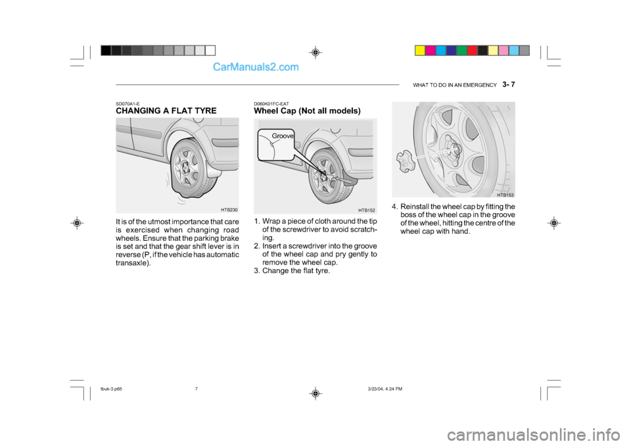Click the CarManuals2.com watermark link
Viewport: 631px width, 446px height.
coord(256,67)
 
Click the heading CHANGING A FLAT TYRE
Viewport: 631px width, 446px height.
coord(166,111)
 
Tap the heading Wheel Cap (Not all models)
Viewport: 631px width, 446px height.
coord(307,111)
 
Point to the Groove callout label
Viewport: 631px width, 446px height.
coord(283,136)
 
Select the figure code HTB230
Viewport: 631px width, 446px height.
coord(229,209)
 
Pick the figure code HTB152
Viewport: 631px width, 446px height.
coord(367,211)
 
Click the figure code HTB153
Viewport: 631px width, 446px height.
coord(505,195)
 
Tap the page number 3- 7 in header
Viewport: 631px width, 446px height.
coord(509,85)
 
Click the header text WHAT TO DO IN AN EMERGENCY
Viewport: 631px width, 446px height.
coord(455,85)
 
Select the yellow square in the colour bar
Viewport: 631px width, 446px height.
coord(420,51)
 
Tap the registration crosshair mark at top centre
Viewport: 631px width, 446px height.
coord(315,53)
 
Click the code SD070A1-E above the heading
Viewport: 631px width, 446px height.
coord(128,104)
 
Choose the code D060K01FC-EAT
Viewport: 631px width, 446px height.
coord(271,104)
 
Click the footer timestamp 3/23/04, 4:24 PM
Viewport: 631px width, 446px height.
coord(385,389)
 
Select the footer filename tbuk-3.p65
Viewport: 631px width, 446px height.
coord(111,389)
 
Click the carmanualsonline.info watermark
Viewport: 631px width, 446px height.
coord(533,435)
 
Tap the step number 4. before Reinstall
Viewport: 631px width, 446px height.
coord(395,207)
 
